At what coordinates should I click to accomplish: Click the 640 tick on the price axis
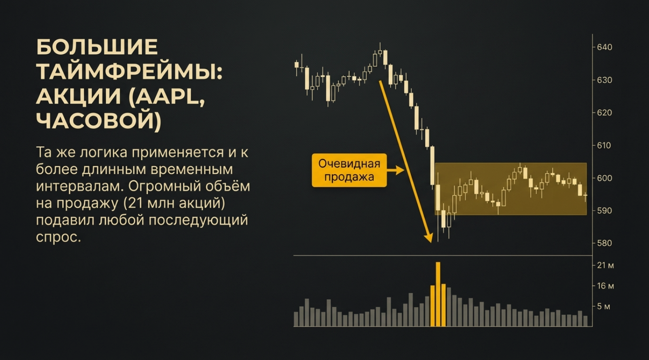[x=605, y=47]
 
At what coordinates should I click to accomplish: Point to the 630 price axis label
[x=605, y=80]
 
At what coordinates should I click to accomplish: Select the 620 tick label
[x=605, y=112]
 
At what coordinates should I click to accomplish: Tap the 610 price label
[x=605, y=145]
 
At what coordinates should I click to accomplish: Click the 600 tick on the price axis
[x=605, y=178]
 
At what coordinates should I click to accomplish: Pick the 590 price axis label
[x=605, y=211]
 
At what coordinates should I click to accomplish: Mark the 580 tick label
[x=605, y=243]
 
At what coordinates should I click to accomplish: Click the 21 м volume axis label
[x=605, y=265]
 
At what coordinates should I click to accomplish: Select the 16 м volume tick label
[x=605, y=286]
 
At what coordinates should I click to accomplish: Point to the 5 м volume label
[x=604, y=306]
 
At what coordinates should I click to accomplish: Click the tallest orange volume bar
[x=438, y=294]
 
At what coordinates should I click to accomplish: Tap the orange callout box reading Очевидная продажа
[x=349, y=170]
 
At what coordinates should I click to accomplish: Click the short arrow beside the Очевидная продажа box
[x=396, y=170]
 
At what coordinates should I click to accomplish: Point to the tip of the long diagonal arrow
[x=432, y=243]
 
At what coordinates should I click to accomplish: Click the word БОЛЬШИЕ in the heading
[x=97, y=47]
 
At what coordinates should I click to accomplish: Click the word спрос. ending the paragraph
[x=58, y=238]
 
